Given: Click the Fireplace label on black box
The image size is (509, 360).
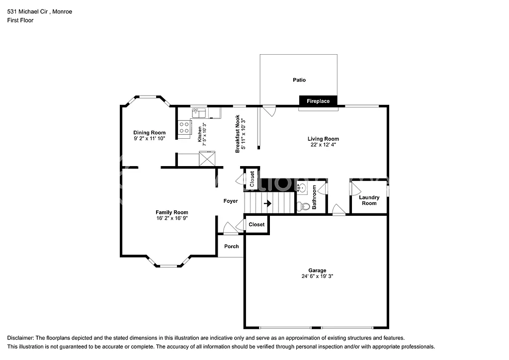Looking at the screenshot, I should [x=318, y=101].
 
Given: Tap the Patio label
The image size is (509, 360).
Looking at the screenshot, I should [x=299, y=80].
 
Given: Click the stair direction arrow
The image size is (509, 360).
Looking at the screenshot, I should [x=267, y=203].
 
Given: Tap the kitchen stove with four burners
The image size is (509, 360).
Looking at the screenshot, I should [x=184, y=127].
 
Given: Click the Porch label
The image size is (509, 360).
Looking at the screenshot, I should [x=232, y=247].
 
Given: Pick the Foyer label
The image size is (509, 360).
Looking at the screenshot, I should [x=230, y=201].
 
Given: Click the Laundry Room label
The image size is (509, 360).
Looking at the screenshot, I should [x=369, y=200].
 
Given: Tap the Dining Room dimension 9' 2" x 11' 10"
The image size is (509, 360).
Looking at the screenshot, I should [x=149, y=139].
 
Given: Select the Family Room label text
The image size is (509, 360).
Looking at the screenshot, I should [x=171, y=212].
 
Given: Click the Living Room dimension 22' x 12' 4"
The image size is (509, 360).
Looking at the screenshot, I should [x=323, y=145].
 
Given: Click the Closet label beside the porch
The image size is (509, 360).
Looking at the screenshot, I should [x=256, y=225].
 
